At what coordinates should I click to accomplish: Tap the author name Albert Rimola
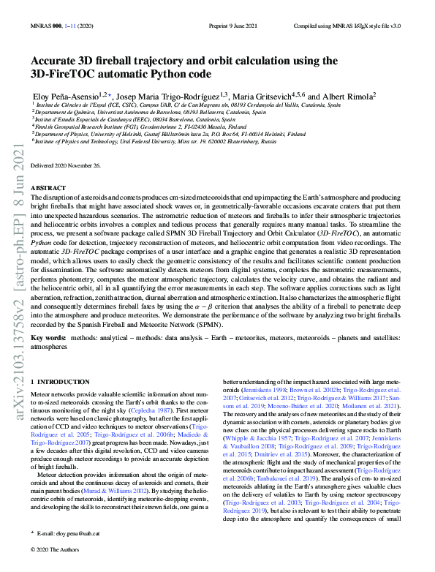tap(353, 95)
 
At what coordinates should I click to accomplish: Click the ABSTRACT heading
tap(50, 188)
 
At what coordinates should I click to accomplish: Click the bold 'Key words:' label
tap(48, 339)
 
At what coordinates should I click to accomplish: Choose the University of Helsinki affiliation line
tap(168, 135)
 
